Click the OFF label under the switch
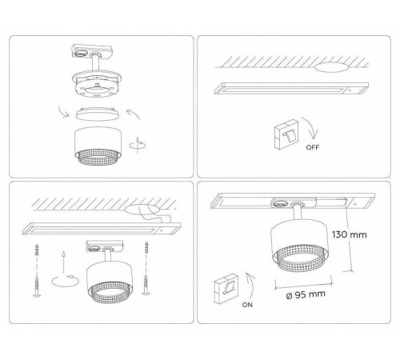(313, 147)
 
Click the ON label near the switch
(247, 305)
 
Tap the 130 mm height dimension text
(350, 234)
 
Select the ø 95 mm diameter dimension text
(306, 294)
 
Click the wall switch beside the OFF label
(286, 134)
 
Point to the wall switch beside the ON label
(226, 289)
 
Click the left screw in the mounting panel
(37, 286)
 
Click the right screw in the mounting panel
(146, 285)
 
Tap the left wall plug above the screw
(37, 249)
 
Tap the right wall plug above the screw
(146, 248)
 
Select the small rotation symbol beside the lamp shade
(138, 146)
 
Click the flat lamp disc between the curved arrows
(98, 114)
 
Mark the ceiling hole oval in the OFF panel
(331, 67)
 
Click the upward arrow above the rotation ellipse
(63, 262)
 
